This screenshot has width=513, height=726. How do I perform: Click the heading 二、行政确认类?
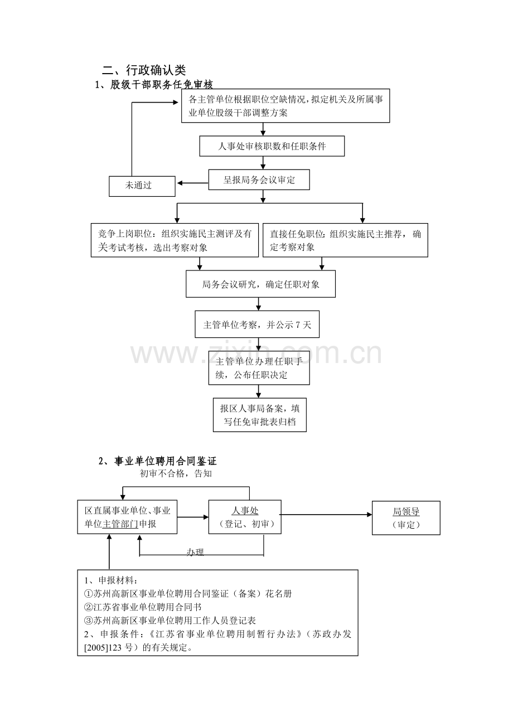tap(144, 70)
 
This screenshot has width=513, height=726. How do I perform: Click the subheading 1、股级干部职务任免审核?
tap(154, 85)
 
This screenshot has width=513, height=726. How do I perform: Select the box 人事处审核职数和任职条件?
tap(272, 146)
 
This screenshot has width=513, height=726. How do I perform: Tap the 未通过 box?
tap(142, 186)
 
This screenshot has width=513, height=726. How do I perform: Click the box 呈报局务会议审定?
tap(259, 180)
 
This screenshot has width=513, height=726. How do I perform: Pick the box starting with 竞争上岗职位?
tap(175, 240)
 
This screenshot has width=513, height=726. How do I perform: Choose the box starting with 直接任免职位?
tap(345, 240)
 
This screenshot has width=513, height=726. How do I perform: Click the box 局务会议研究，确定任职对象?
tap(260, 284)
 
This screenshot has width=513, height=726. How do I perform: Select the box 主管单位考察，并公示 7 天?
tap(257, 324)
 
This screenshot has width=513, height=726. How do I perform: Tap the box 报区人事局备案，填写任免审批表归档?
tap(260, 415)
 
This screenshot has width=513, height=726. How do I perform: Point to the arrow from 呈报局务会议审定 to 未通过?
tap(193, 183)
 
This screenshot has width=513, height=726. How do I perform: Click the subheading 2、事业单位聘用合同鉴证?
tap(157, 461)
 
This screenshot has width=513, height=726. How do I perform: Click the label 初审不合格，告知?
tap(176, 473)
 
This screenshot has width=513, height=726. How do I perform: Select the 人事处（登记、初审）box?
tap(245, 517)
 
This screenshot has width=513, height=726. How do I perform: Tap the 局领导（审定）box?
tap(406, 518)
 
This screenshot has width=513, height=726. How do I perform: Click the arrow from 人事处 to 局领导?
tap(326, 514)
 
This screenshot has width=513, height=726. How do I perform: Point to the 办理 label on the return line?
tap(195, 552)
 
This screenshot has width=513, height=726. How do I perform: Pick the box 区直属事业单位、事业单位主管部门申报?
tap(127, 517)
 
